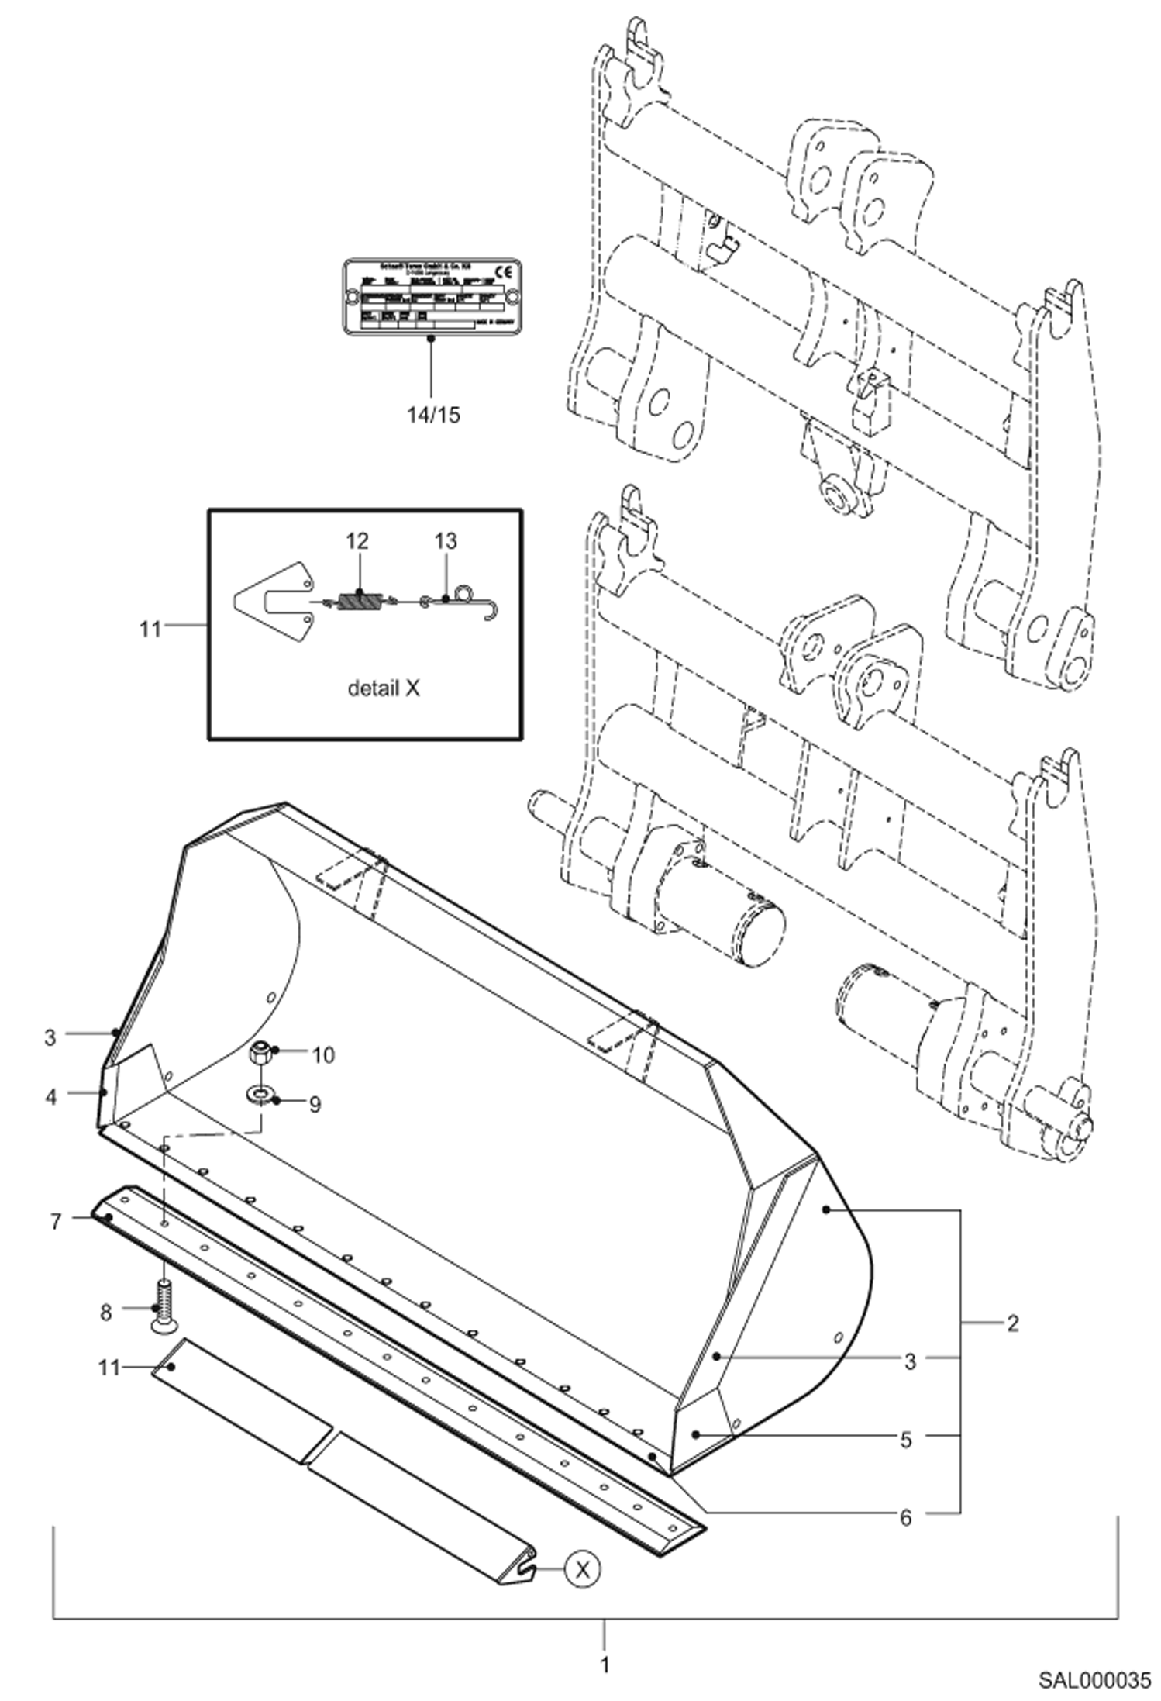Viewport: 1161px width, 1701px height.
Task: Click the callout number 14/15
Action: (433, 415)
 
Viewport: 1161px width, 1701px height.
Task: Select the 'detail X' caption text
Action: (383, 688)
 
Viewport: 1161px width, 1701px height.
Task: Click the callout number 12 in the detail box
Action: (357, 541)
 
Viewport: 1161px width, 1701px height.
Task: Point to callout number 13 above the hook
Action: (446, 541)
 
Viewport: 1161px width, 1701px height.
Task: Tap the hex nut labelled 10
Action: (260, 1054)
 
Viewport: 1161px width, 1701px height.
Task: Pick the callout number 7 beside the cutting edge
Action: (55, 1223)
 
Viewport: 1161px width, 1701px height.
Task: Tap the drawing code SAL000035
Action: (1094, 1681)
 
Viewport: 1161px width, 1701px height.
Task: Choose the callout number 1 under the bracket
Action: (605, 1665)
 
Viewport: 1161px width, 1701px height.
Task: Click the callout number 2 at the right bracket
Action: (1012, 1323)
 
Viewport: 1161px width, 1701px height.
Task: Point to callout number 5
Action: (906, 1440)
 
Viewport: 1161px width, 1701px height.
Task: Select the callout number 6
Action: (905, 1517)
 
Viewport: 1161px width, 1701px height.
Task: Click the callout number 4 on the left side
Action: (50, 1097)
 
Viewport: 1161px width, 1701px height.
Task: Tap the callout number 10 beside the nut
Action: (323, 1055)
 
